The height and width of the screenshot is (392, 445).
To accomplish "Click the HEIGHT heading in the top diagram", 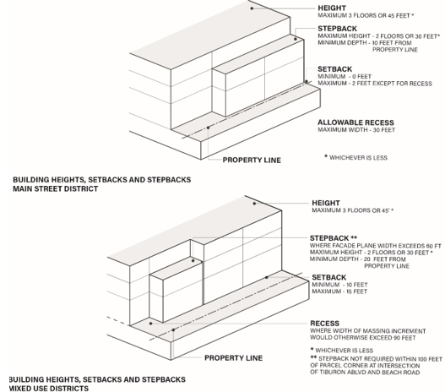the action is (332, 8).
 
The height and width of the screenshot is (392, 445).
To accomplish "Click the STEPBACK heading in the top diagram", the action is (337, 29).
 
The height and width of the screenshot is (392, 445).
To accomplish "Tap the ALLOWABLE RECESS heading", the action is (355, 122).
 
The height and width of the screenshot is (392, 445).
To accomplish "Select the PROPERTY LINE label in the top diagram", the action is (252, 160).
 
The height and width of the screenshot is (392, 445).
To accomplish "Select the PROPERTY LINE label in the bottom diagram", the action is (233, 358).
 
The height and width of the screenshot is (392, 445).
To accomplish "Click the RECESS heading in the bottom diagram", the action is (324, 324).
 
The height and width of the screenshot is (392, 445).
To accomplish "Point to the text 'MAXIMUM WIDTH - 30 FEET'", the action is (356, 130).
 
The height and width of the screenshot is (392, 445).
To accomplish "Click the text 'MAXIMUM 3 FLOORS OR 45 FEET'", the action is (364, 15).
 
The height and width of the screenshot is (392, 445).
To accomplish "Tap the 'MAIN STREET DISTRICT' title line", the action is (56, 188).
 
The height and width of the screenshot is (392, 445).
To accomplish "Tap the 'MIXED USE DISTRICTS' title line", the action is (48, 388).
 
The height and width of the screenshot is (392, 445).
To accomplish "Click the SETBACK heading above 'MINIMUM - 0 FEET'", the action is (334, 69).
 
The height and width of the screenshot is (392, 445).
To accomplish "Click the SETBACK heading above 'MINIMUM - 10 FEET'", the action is (329, 277).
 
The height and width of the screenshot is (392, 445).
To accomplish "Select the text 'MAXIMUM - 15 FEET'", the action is (339, 291).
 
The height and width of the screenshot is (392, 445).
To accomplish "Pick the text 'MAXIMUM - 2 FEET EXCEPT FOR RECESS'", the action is (375, 84).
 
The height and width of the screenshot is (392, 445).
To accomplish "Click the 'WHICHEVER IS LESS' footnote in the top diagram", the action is (355, 157).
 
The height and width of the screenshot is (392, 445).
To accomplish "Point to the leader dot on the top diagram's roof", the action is (252, 8).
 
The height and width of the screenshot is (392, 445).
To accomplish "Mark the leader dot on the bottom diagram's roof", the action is (254, 204).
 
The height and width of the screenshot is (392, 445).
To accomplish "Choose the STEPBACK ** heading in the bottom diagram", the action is (334, 238).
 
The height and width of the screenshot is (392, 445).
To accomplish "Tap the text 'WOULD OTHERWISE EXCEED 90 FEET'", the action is (363, 338).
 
